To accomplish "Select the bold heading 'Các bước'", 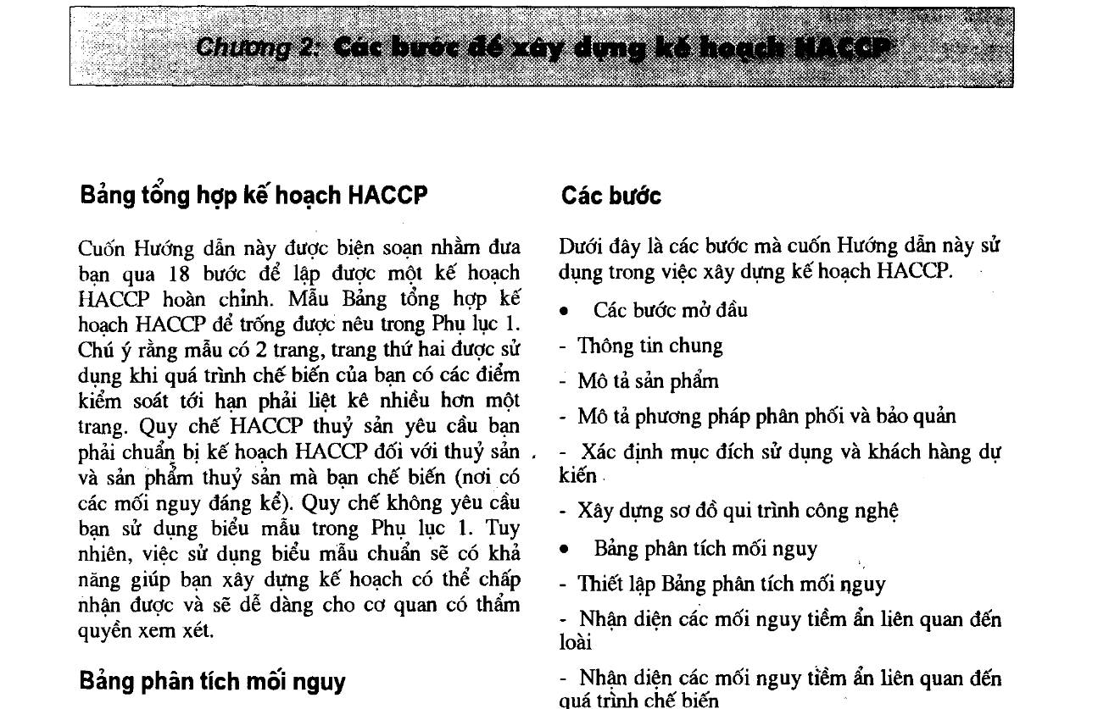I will (x=610, y=196).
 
